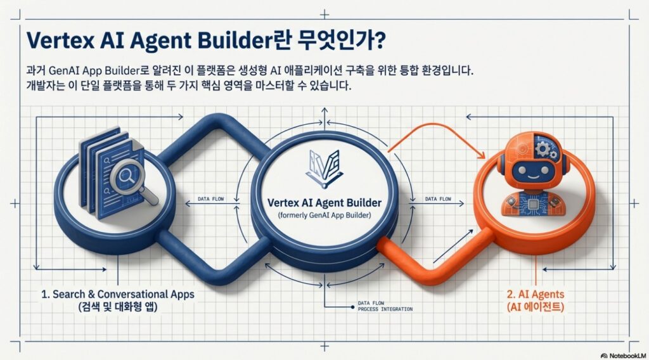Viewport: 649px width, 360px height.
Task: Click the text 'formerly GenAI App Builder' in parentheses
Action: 324,217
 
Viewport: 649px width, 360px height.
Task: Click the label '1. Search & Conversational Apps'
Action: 117,295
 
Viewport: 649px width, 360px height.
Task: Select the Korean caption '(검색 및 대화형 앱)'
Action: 117,307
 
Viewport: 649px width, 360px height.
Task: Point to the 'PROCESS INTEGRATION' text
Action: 385,309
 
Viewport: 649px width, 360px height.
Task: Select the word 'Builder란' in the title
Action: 270,39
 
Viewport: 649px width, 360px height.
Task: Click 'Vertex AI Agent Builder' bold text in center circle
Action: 324,203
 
